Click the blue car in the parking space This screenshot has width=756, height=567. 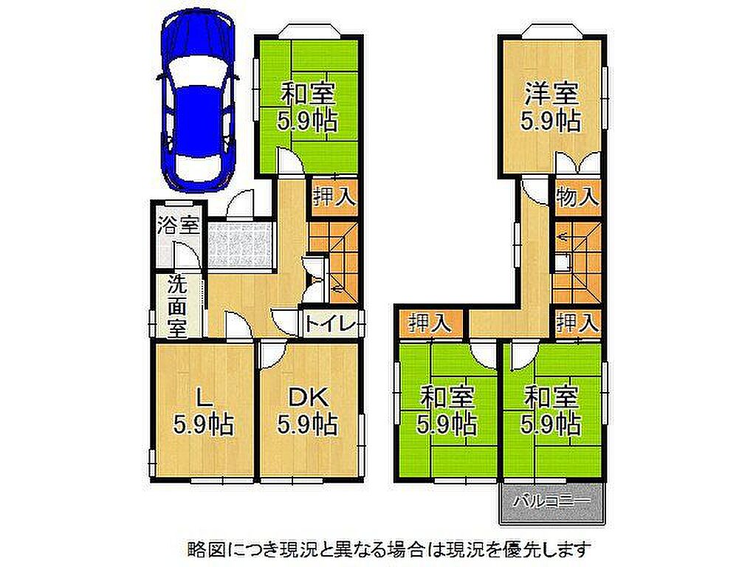click(198, 102)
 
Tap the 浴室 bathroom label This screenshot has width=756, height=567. click(179, 225)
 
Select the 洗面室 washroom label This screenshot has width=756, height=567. click(177, 306)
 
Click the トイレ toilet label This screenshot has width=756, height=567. click(330, 323)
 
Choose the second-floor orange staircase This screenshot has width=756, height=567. click(577, 263)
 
